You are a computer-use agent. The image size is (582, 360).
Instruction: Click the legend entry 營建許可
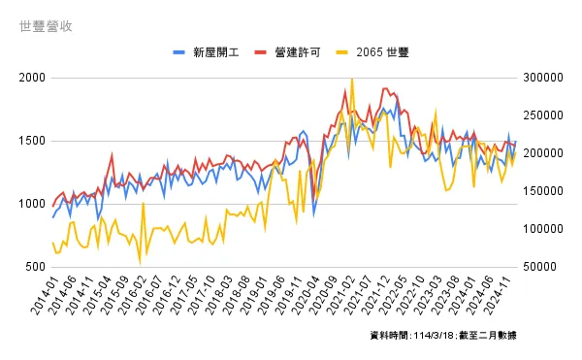[x=298, y=50]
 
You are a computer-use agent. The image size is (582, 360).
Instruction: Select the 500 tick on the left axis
[x=34, y=267]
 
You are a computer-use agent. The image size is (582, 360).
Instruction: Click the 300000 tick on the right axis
[x=541, y=78]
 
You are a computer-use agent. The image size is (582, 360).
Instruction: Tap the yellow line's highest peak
[x=351, y=81]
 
